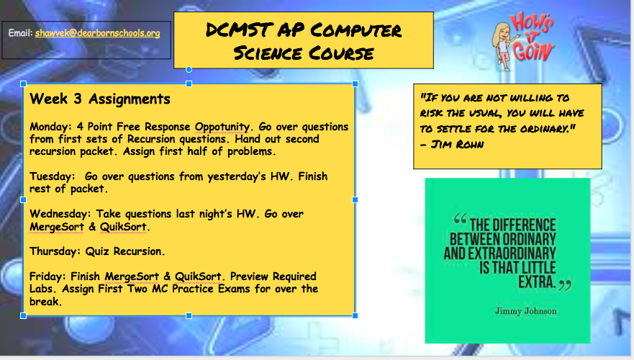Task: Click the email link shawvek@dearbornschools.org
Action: (x=97, y=33)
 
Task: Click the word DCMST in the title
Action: (x=237, y=30)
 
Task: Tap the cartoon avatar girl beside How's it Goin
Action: (x=502, y=45)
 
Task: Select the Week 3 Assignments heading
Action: (x=100, y=99)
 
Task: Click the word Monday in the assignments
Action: (x=48, y=127)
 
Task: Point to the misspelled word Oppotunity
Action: (x=222, y=127)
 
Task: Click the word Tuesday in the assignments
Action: (x=50, y=177)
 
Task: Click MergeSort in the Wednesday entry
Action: (x=57, y=227)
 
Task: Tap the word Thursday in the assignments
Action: (x=55, y=251)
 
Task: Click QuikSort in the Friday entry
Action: (x=198, y=276)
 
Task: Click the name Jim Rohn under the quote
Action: (x=457, y=145)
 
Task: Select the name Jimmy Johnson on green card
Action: (x=525, y=311)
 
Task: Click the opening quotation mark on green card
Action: (x=460, y=219)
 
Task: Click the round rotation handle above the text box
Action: (x=189, y=70)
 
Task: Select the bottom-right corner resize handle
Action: (x=355, y=315)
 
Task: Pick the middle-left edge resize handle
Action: (x=24, y=200)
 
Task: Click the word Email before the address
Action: (x=20, y=33)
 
